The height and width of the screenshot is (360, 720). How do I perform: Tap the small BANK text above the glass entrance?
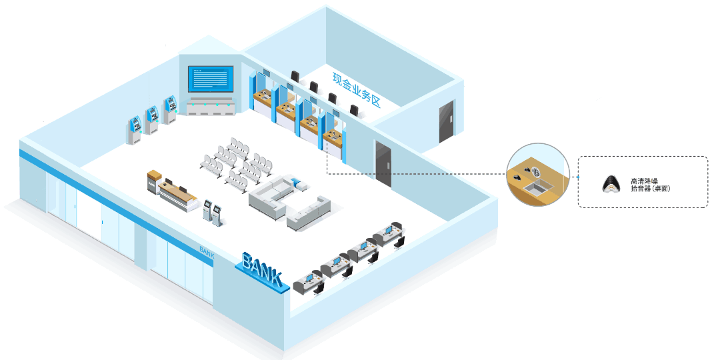(x=207, y=251)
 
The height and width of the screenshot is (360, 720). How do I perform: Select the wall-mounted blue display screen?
(x=211, y=80)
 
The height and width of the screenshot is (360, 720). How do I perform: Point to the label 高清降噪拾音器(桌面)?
(x=649, y=186)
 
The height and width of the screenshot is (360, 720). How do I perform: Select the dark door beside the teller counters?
(x=383, y=163)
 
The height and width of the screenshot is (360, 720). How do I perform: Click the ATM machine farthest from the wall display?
(x=135, y=130)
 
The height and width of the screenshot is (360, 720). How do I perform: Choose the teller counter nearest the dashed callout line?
(x=334, y=142)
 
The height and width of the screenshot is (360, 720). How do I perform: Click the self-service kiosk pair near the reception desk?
(x=213, y=212)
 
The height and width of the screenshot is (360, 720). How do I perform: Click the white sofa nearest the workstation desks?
(x=309, y=213)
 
